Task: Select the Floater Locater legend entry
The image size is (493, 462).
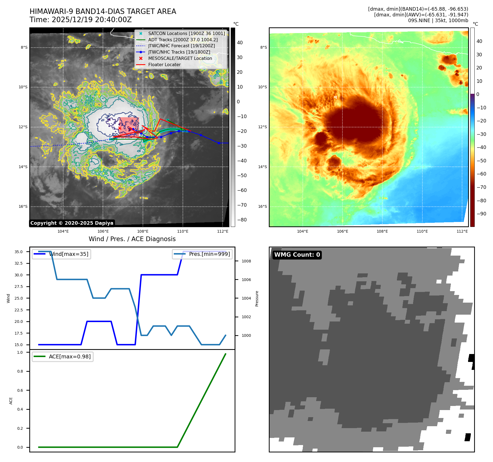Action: (x=164, y=65)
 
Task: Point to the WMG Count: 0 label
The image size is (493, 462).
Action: (x=297, y=255)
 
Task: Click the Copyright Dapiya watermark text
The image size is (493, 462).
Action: (x=72, y=223)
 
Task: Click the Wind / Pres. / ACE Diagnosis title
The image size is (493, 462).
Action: (x=132, y=239)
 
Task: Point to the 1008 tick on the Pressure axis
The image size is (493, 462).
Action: (x=246, y=261)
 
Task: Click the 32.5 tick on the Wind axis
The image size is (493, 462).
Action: (x=19, y=264)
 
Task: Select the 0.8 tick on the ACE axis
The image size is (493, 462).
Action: (x=20, y=372)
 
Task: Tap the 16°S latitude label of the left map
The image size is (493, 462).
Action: (x=23, y=207)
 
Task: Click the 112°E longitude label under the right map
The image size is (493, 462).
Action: (x=462, y=232)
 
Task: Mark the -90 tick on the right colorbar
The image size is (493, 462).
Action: (x=481, y=214)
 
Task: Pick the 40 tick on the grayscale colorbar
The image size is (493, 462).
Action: (x=240, y=43)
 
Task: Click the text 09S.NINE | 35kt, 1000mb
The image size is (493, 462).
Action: (x=438, y=21)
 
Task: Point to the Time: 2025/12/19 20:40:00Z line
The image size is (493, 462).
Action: (x=81, y=20)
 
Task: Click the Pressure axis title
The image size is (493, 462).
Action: (x=257, y=299)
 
